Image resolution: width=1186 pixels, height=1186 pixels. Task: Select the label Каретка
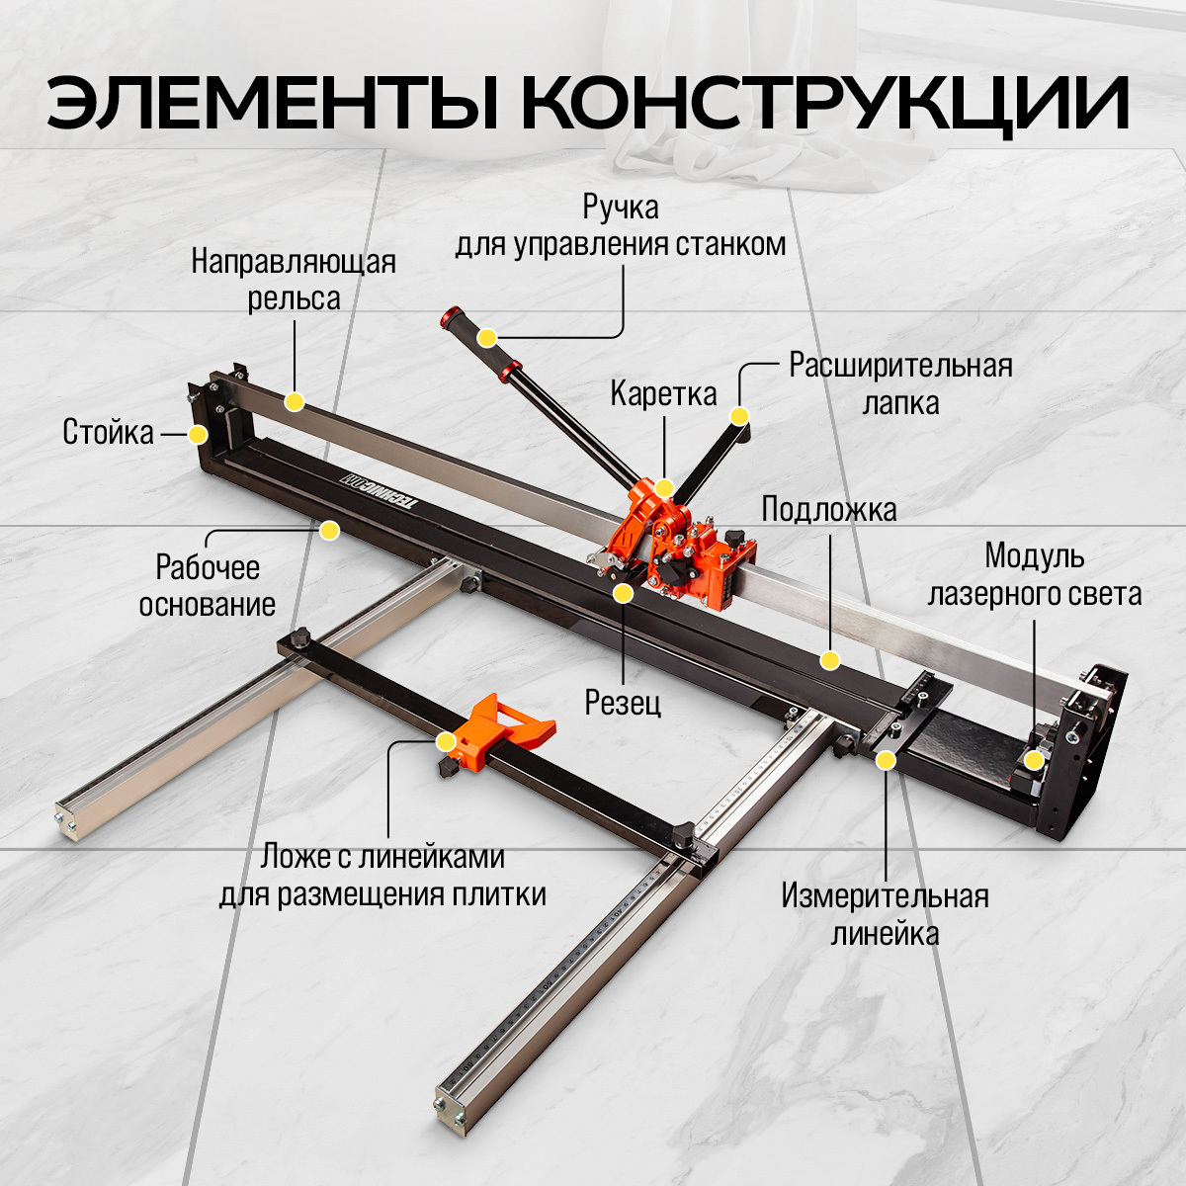(x=663, y=394)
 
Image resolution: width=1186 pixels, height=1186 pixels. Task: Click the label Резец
(x=623, y=703)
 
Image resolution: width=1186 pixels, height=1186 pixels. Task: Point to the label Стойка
(x=109, y=432)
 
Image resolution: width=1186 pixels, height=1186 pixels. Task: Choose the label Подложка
(x=828, y=510)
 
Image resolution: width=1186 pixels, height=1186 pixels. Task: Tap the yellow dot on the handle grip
(x=487, y=337)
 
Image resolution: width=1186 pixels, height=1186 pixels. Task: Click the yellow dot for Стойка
(x=198, y=435)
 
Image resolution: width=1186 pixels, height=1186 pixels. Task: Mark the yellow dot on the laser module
(x=1034, y=760)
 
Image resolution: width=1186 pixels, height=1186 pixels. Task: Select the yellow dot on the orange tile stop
(x=446, y=741)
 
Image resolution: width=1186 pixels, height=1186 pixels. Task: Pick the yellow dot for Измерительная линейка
(x=887, y=760)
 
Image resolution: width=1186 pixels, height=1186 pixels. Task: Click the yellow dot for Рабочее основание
(x=330, y=530)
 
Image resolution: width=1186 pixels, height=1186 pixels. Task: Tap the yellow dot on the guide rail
(x=295, y=402)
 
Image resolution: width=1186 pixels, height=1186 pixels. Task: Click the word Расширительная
(x=900, y=366)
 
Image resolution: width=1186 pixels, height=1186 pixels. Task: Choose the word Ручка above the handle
(x=621, y=208)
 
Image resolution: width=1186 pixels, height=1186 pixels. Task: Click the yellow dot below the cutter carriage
(x=623, y=593)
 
